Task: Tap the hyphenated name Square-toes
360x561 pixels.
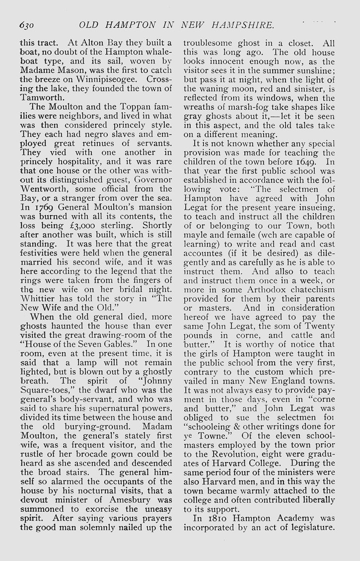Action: [x=44, y=381]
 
